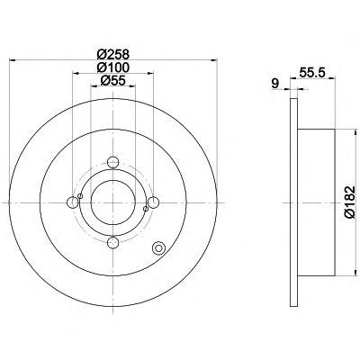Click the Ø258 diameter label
(x=113, y=55)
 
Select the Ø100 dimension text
(x=113, y=67)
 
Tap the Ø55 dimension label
(x=112, y=80)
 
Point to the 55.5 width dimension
(x=312, y=73)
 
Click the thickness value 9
(x=274, y=84)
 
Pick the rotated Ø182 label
(x=350, y=202)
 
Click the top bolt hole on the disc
(x=113, y=163)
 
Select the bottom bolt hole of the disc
(x=113, y=242)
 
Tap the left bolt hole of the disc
(x=73, y=202)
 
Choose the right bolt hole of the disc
(x=153, y=202)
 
